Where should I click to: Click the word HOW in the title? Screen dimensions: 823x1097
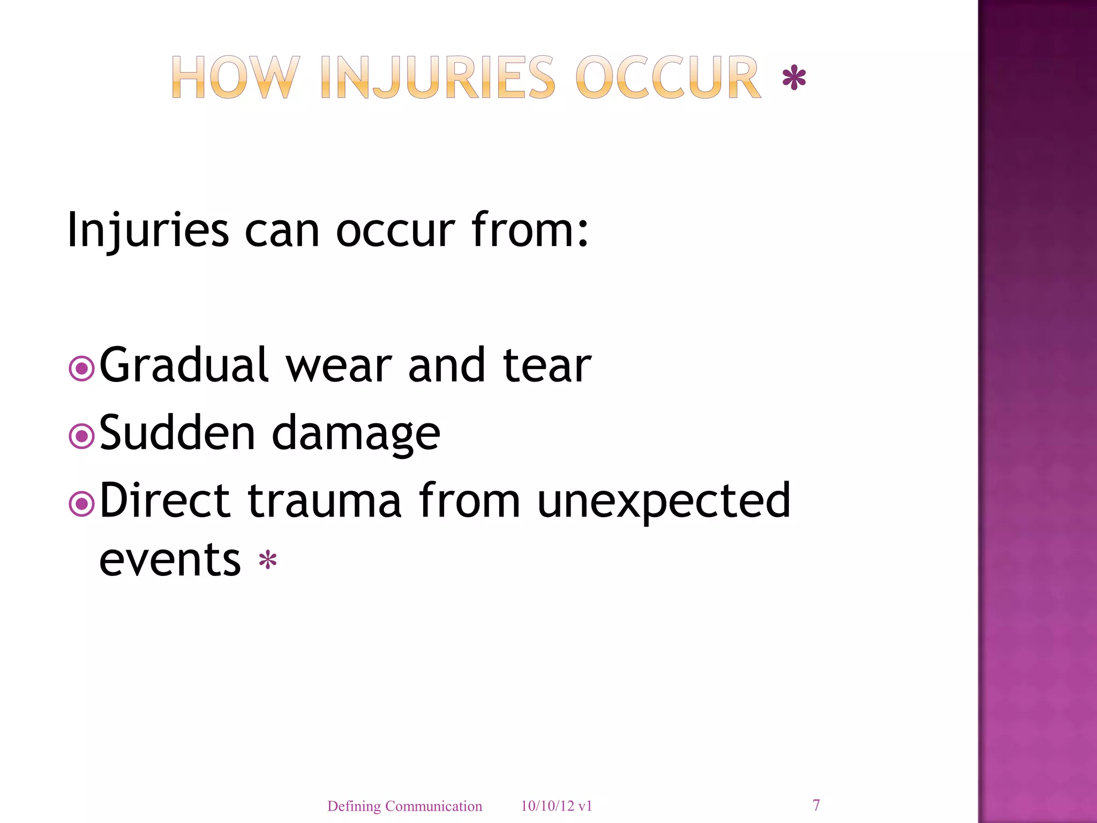point(235,78)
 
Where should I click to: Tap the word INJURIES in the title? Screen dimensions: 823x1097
point(438,78)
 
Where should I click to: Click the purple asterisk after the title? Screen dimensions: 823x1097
point(794,79)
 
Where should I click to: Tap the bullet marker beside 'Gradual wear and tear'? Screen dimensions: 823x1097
point(82,369)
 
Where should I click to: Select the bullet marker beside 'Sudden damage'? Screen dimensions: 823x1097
point(82,437)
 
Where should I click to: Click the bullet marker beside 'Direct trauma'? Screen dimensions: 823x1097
point(82,504)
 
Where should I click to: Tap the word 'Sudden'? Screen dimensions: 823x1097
point(177,433)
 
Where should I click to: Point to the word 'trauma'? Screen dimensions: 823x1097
point(324,502)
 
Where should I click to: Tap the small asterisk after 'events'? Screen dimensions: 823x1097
point(267,561)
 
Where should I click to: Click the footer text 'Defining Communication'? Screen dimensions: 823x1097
point(404,806)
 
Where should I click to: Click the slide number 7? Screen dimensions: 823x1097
point(816,805)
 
